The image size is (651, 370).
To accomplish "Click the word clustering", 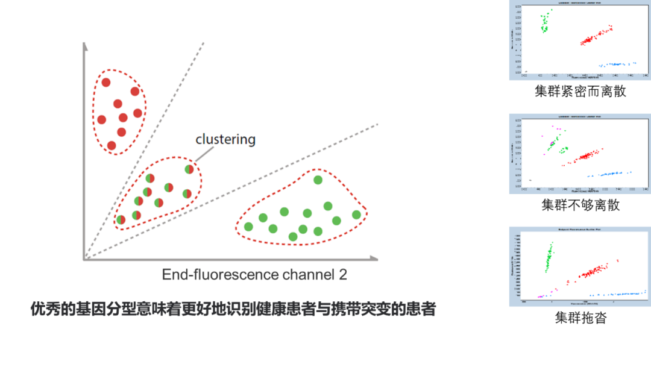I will click(225, 139).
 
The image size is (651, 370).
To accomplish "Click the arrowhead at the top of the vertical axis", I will click(85, 46).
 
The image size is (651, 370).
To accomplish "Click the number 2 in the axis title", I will click(342, 275).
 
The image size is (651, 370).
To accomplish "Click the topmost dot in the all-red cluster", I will click(106, 83).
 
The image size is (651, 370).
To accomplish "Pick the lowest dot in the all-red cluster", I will click(111, 145).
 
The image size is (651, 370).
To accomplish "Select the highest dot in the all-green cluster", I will click(318, 180).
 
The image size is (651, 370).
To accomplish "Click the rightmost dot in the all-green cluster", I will click(356, 215).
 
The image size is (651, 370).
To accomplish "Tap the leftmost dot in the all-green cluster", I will click(248, 227).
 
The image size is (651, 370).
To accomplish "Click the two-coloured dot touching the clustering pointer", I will click(189, 169).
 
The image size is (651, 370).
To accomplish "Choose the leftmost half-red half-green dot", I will click(121, 220).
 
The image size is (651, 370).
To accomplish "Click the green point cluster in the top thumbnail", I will click(545, 23).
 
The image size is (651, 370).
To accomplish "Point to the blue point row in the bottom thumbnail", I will click(615, 294).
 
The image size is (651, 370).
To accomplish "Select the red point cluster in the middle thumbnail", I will click(583, 157).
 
